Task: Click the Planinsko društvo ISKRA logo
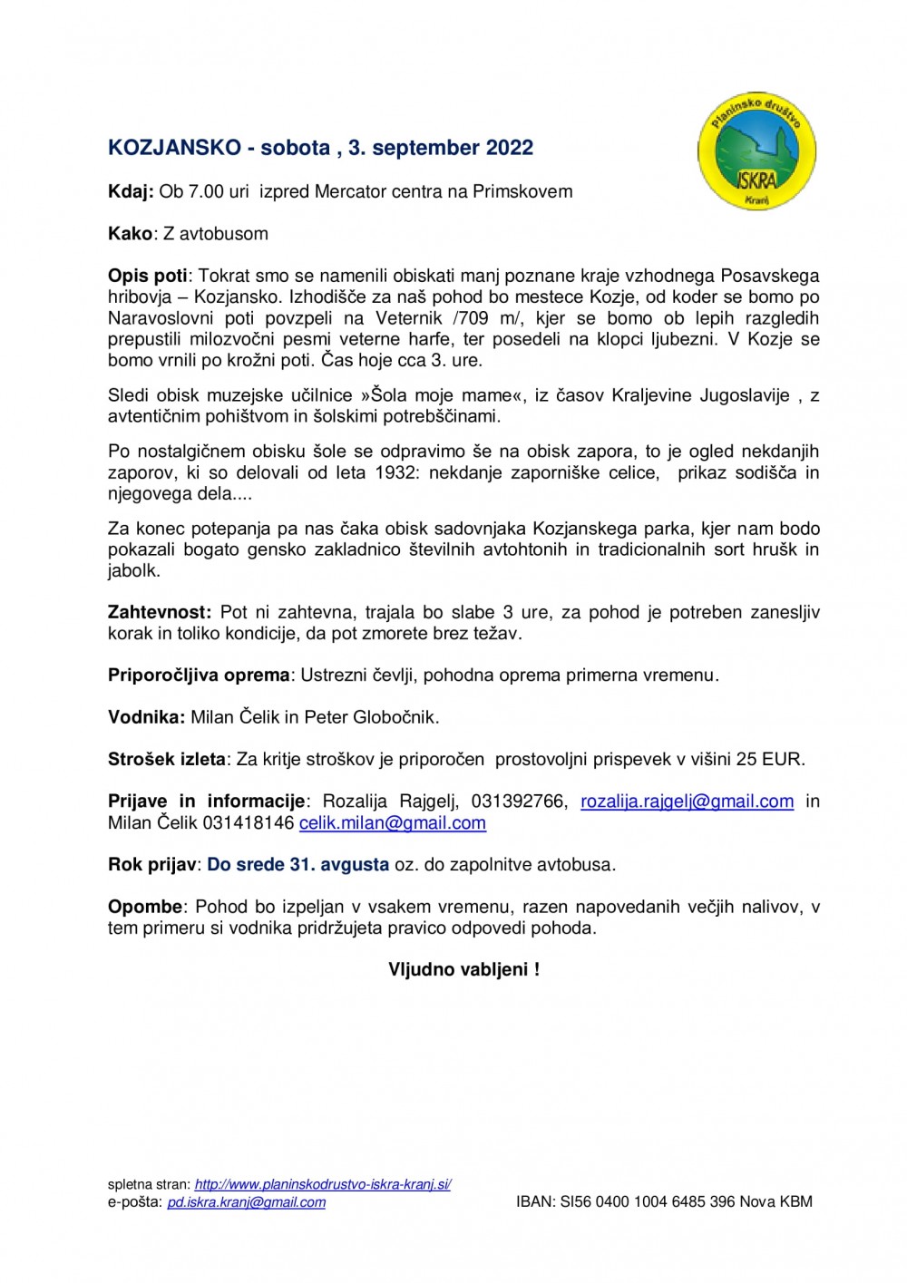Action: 756,151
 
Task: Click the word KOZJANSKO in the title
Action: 174,148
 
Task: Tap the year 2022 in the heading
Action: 509,148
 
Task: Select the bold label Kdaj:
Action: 131,191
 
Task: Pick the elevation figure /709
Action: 470,318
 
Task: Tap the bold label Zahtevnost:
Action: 160,612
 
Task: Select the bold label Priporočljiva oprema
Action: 199,675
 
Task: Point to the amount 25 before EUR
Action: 746,759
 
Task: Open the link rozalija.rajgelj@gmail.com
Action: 687,802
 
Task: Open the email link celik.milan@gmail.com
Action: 392,823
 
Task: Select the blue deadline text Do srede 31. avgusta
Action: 297,864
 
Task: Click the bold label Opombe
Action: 145,907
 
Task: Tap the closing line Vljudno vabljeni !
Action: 463,969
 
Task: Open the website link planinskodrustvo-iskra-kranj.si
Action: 323,1184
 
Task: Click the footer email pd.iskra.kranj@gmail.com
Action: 246,1202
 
